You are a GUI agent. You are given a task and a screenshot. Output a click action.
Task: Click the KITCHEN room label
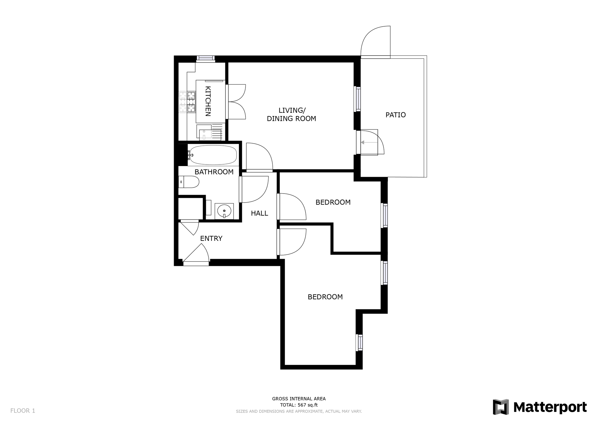pos(208,101)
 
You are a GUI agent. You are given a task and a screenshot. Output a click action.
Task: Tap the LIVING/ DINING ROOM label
pos(291,115)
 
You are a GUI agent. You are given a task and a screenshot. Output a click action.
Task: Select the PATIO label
pos(396,115)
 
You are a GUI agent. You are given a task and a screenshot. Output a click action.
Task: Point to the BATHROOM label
pos(214,172)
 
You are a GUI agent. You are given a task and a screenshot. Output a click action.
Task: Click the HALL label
pos(260,213)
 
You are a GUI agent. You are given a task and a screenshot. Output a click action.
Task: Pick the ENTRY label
pos(211,238)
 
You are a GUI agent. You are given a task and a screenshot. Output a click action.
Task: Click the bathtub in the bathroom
pos(213,155)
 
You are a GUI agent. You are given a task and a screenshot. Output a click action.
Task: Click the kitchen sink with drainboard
pos(210,132)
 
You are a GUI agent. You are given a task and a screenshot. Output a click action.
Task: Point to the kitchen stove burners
pos(187,102)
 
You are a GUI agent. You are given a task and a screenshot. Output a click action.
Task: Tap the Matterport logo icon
pos(501,407)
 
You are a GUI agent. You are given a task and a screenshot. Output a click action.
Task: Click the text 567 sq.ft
pos(308,405)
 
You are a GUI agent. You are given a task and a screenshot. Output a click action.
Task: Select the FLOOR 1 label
pos(23,411)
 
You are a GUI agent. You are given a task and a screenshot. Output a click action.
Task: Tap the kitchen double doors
pos(236,102)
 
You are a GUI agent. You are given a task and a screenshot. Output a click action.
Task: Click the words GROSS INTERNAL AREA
pos(299,398)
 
